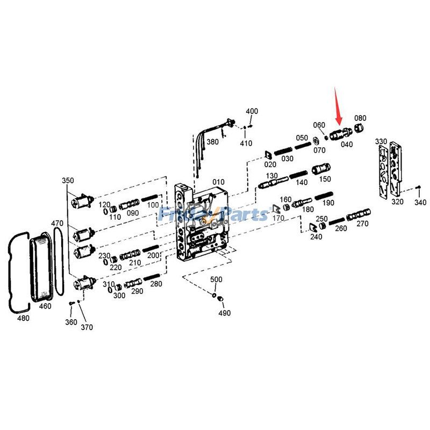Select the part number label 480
pyautogui.click(x=23, y=318)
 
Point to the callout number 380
pyautogui.click(x=213, y=142)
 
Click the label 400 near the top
pyautogui.click(x=252, y=111)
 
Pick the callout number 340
pyautogui.click(x=420, y=202)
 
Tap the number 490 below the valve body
pyautogui.click(x=224, y=313)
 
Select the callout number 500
pyautogui.click(x=216, y=279)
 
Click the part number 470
pyautogui.click(x=58, y=223)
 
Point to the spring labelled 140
pyautogui.click(x=292, y=176)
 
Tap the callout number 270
pyautogui.click(x=362, y=224)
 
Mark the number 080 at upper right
pyautogui.click(x=360, y=118)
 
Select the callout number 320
pyautogui.click(x=397, y=202)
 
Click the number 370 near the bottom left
pyautogui.click(x=87, y=327)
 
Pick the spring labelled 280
pyautogui.click(x=151, y=278)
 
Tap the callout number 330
pyautogui.click(x=381, y=141)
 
